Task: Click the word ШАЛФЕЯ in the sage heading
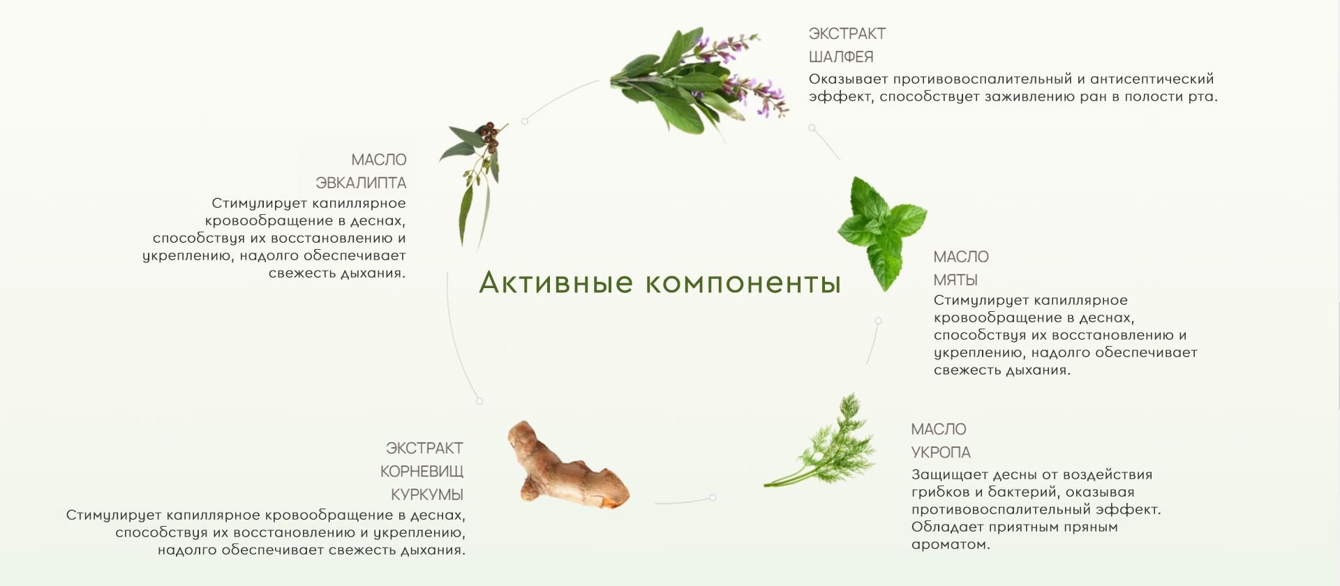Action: [841, 57]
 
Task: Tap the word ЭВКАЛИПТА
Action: [361, 183]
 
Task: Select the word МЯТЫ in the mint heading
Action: [955, 280]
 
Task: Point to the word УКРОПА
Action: [941, 452]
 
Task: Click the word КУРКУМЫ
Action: [427, 495]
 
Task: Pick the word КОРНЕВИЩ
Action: [422, 472]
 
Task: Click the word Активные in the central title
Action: [556, 283]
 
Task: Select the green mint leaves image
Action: [882, 232]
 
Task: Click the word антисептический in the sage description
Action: [1152, 80]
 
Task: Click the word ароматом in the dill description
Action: [951, 545]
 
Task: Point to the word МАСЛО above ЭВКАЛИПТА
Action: [379, 160]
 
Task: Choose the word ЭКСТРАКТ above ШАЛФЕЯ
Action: [847, 33]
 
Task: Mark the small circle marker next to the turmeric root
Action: [713, 497]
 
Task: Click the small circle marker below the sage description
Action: [812, 128]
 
